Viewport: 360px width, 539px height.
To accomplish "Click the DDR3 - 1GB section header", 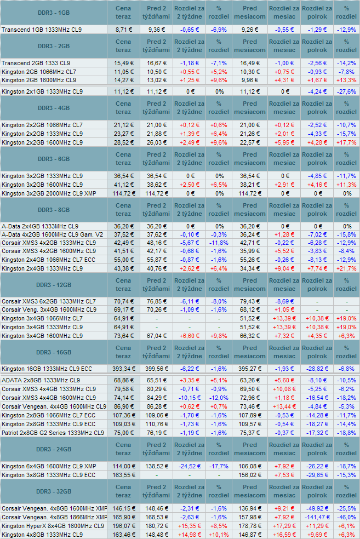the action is [54, 13].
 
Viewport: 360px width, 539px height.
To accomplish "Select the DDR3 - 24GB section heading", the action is [54, 449].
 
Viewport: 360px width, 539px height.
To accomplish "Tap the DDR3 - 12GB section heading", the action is [54, 285].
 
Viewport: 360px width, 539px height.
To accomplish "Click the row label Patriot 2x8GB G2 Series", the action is [53, 433].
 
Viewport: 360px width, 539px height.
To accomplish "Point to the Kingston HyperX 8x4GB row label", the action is [53, 526].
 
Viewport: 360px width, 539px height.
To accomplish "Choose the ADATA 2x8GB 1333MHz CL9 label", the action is [41, 381].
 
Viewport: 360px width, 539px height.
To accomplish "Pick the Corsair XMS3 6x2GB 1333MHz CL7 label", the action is [49, 301].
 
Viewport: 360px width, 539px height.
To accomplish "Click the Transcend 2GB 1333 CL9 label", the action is [36, 63].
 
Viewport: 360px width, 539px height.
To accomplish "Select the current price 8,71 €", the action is [124, 30].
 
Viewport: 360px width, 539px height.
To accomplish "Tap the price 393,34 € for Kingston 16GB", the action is [124, 369].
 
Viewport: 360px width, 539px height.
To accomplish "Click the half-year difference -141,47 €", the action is [317, 517].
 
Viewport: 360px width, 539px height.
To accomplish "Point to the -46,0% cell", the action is [346, 517].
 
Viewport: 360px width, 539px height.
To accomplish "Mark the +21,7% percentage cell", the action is [346, 268].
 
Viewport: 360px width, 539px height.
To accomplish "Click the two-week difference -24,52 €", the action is [190, 467].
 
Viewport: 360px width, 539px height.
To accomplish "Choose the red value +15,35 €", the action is [190, 526].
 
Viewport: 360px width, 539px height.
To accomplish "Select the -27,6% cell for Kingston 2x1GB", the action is [346, 92].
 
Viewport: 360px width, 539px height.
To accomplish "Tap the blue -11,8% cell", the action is [219, 243].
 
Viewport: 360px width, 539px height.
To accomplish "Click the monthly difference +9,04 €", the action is [284, 268].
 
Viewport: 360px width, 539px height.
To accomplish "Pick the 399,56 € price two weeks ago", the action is [157, 369].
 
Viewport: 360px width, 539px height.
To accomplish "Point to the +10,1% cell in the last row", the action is [219, 535].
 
